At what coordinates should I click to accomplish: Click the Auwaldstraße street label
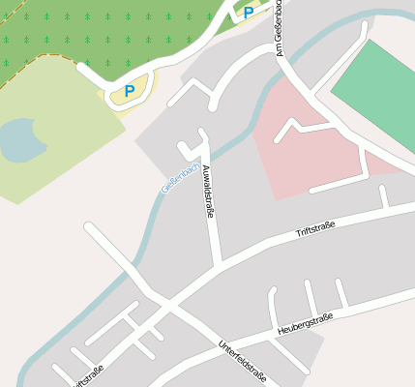(x=207, y=192)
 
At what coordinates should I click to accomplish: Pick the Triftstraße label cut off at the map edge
(x=87, y=376)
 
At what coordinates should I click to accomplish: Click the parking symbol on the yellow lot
(x=129, y=92)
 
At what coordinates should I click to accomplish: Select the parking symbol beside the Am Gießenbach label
(x=249, y=13)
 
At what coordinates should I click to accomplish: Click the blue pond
(x=21, y=140)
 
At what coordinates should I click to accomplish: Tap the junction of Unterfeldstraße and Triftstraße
(x=169, y=309)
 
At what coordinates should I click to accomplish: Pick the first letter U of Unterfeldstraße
(x=222, y=345)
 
